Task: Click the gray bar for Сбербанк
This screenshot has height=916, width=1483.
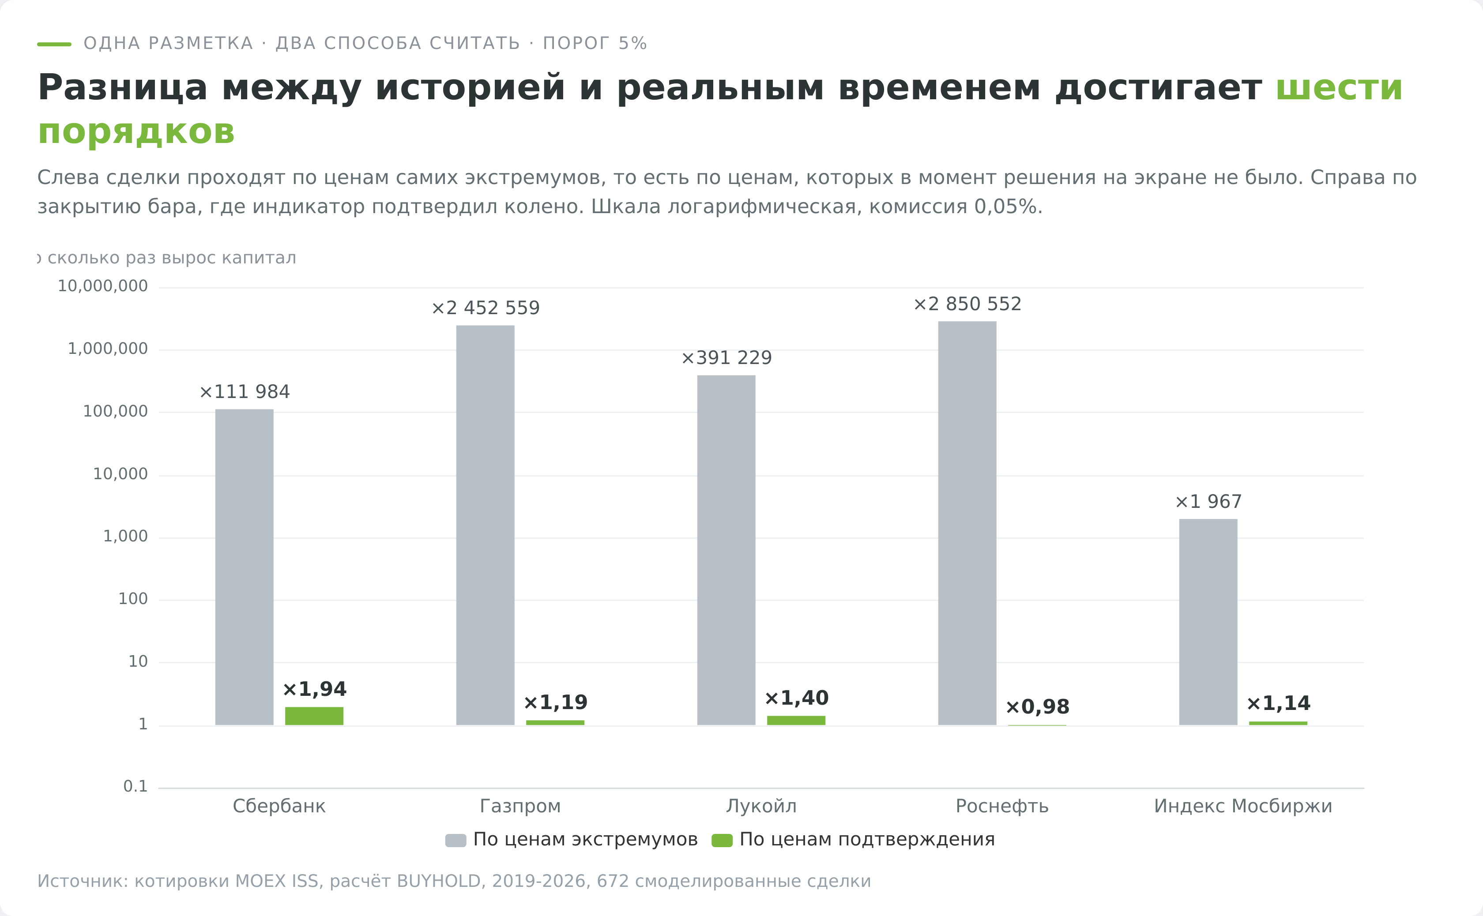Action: coord(244,567)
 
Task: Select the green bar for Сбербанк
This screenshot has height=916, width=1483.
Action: coord(314,716)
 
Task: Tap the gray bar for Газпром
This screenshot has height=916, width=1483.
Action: coord(485,525)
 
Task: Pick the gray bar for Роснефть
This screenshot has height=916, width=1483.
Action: coord(967,523)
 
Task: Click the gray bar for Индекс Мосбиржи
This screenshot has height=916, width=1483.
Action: coord(1208,622)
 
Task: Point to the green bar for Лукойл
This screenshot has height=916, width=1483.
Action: coord(796,721)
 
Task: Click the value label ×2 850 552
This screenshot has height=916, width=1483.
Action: coord(967,304)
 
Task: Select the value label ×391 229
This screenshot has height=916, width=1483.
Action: coord(726,358)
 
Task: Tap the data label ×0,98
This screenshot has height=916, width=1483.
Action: coord(1037,706)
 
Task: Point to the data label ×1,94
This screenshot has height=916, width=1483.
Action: coord(314,689)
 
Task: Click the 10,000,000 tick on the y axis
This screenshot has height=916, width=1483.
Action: coord(102,286)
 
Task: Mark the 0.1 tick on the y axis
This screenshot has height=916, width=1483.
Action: coord(135,786)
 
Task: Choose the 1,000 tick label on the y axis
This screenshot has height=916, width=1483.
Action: coord(125,536)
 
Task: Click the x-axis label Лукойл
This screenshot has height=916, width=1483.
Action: coord(761,806)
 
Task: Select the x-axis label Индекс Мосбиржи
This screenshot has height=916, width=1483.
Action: coord(1243,806)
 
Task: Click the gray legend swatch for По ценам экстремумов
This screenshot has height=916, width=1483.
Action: coord(456,840)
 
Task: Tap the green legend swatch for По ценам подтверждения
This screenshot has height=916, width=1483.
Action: coord(722,840)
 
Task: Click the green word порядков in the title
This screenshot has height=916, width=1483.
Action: coord(136,131)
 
